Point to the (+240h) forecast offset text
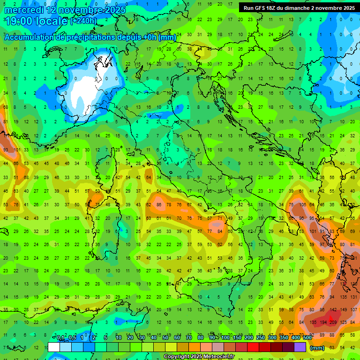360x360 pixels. pos(83,21)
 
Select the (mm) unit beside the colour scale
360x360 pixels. pos(317,348)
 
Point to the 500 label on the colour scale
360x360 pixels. pos(307,338)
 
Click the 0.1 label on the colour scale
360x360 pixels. pos(60,338)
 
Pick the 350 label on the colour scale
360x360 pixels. pos(284,338)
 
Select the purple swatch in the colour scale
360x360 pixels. pos(300,347)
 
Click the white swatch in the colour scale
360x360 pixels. pos(54,347)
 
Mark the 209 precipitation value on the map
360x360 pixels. pos(334,322)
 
